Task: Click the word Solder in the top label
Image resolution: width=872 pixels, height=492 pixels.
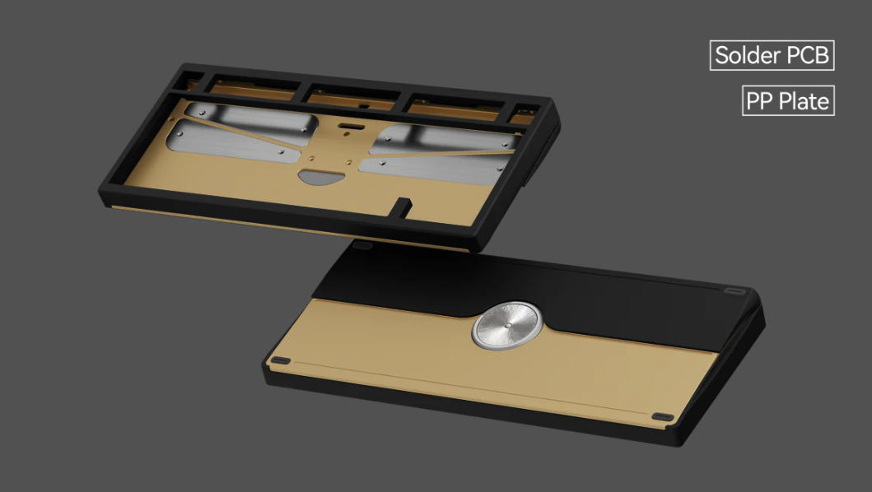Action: [748, 56]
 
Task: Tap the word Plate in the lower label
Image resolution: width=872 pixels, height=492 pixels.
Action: [806, 102]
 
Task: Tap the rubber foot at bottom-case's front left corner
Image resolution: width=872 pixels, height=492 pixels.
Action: [280, 360]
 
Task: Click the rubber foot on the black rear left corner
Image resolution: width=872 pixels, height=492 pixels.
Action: [363, 244]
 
